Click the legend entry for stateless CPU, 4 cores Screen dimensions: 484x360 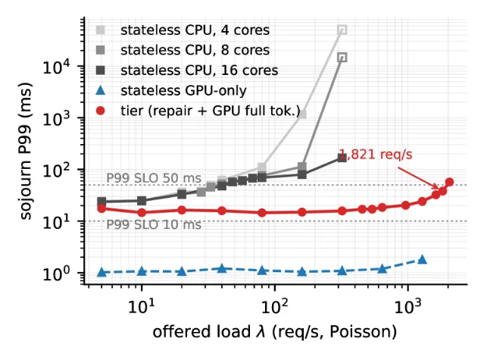pyautogui.click(x=195, y=30)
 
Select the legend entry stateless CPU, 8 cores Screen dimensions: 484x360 pyautogui.click(x=195, y=50)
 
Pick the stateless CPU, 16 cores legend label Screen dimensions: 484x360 pyautogui.click(x=199, y=70)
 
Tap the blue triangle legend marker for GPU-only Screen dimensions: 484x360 pyautogui.click(x=101, y=90)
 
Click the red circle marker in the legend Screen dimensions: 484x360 pyautogui.click(x=101, y=111)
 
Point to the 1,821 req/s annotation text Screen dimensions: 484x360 pyautogui.click(x=376, y=155)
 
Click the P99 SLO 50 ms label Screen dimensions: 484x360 pyautogui.click(x=154, y=178)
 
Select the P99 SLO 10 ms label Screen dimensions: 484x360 pyautogui.click(x=154, y=224)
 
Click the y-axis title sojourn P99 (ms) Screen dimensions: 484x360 pyautogui.click(x=26, y=152)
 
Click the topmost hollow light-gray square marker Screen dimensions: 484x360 pyautogui.click(x=342, y=30)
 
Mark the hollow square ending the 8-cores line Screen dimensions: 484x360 pyautogui.click(x=342, y=57)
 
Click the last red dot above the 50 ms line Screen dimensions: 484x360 pyautogui.click(x=449, y=182)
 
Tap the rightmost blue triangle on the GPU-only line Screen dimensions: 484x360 pyautogui.click(x=422, y=259)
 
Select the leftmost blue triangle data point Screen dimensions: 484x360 pyautogui.click(x=101, y=272)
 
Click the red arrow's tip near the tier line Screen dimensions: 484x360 pyautogui.click(x=439, y=188)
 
